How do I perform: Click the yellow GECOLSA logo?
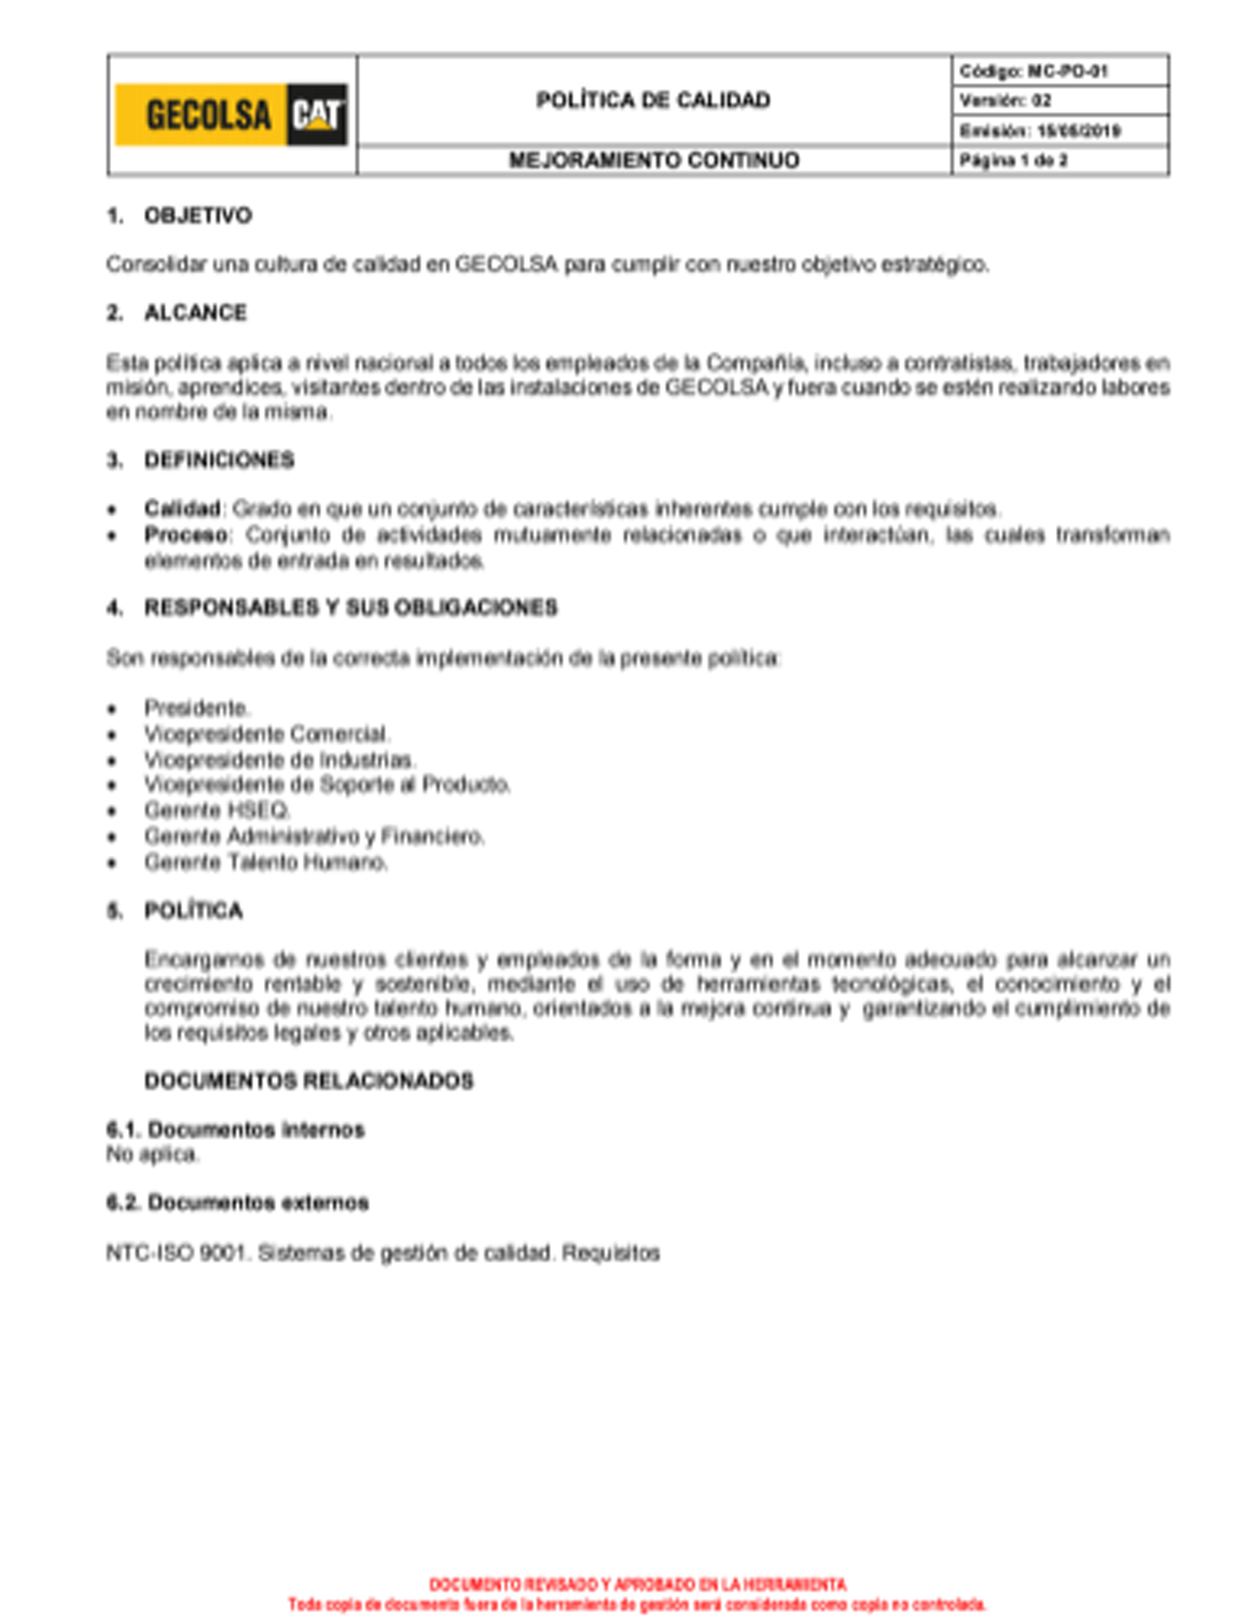201,115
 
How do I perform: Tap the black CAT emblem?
317,115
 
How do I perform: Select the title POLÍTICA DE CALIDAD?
652,100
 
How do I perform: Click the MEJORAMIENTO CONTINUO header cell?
653,160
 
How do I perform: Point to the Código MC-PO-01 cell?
1033,71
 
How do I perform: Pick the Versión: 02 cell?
1006,101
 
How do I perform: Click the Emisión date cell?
1040,131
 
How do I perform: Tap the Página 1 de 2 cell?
1013,160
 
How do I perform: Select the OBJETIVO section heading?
198,215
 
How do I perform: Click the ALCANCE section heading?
195,313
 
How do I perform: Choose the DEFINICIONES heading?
219,460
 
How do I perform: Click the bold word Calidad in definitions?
182,509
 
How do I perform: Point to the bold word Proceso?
186,534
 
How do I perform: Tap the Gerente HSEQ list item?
217,810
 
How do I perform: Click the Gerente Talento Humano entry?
266,862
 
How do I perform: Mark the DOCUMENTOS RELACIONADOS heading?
309,1081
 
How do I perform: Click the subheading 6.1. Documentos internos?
235,1130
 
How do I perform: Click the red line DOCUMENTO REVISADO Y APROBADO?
637,1585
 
